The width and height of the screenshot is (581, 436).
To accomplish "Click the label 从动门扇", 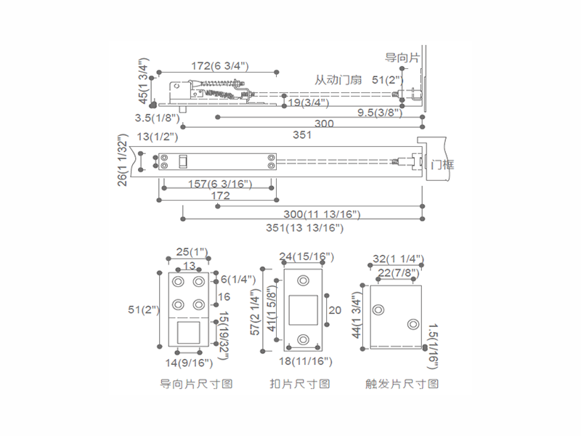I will (x=338, y=80).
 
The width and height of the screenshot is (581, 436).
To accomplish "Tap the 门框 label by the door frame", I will (x=442, y=164).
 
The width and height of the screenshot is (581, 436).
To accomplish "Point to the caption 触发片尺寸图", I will (x=402, y=384).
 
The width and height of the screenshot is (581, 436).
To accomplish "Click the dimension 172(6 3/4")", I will (x=220, y=66).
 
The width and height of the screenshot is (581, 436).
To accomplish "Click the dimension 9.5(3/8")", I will (x=381, y=113).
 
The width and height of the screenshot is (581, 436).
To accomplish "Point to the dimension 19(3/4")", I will (x=305, y=103).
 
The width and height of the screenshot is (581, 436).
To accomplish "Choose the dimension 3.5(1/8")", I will (x=154, y=117).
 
